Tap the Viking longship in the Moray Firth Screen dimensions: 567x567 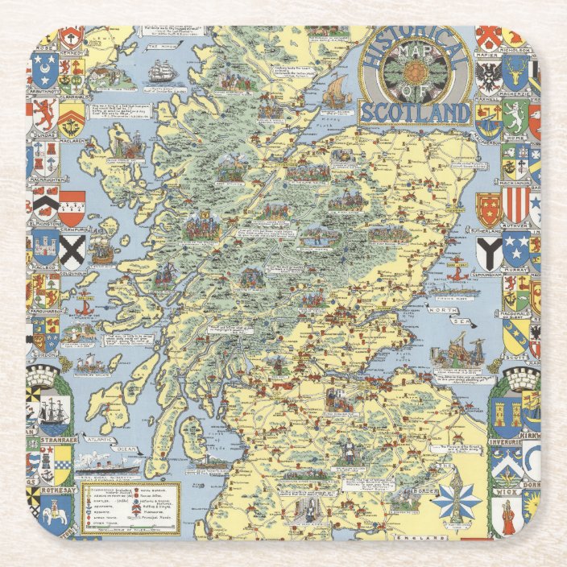[x=333, y=92]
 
